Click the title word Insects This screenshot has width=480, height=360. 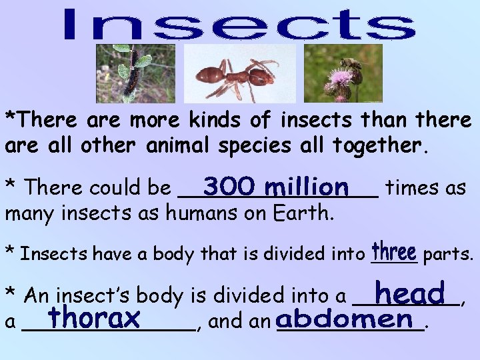[x=239, y=25]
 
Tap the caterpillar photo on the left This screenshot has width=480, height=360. [x=135, y=73]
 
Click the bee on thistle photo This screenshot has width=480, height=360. [x=343, y=73]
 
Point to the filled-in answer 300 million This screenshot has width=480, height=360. [x=277, y=185]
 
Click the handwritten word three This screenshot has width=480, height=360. [x=395, y=252]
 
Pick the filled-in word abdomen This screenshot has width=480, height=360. [x=345, y=319]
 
